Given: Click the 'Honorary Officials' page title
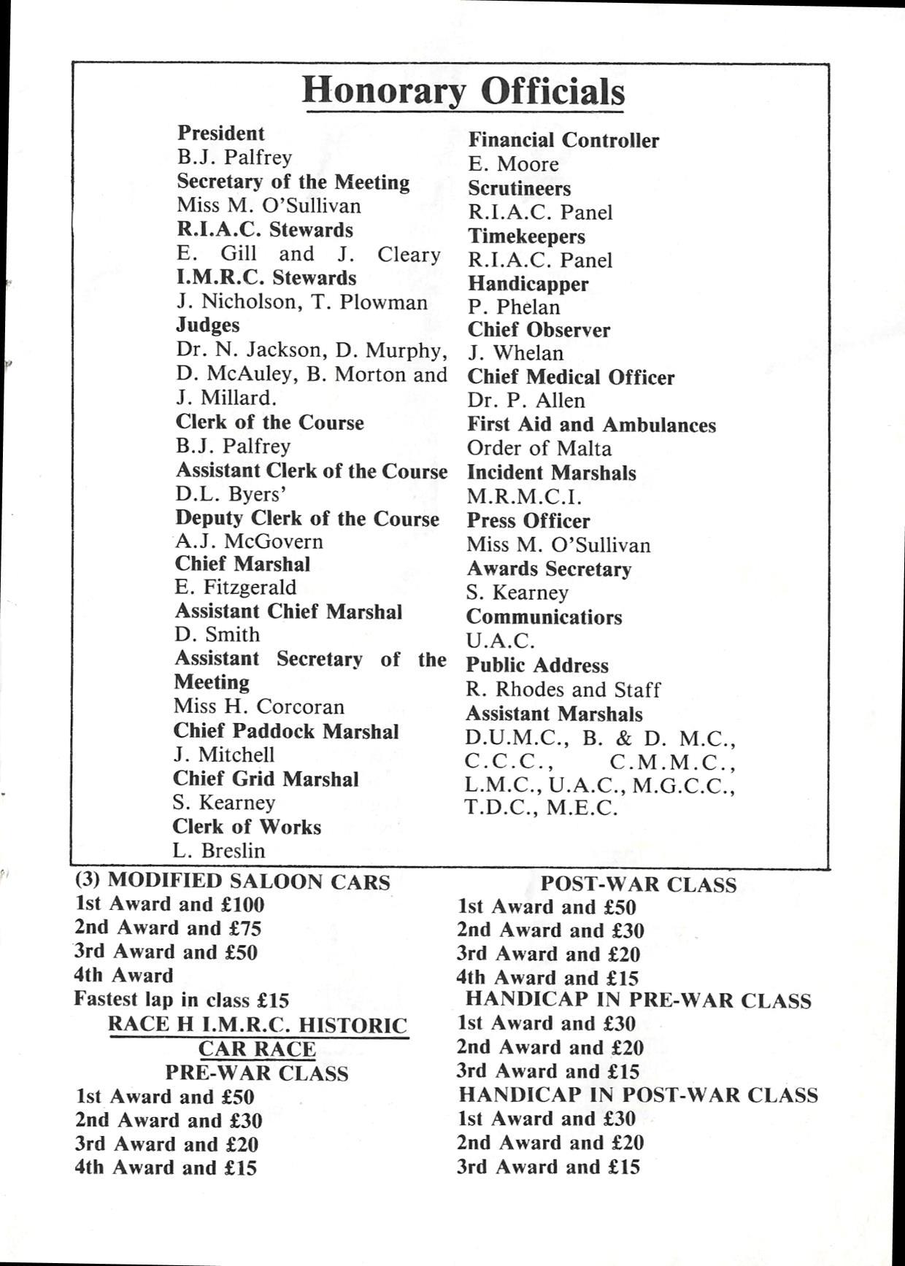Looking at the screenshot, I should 463,92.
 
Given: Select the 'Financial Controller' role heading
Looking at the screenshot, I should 563,140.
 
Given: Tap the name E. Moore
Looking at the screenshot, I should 513,164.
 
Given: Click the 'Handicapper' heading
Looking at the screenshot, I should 528,284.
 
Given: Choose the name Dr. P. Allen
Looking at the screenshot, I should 526,401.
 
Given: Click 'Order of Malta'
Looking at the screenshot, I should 539,448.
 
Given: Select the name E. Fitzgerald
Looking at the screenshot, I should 236,587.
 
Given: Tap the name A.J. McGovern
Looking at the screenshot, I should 249,541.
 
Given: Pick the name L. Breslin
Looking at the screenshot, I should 219,851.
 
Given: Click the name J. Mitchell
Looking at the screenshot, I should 224,754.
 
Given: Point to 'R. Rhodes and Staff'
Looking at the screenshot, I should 563,690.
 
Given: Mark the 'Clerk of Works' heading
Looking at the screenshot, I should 247,827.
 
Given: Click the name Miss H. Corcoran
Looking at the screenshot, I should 258,706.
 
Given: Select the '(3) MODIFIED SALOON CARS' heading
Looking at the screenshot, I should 233,881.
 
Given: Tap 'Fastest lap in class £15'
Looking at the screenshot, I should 182,1000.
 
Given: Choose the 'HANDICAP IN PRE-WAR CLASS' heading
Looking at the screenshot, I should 638,1000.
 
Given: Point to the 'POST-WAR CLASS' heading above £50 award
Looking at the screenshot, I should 638,884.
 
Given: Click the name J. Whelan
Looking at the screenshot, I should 515,353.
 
